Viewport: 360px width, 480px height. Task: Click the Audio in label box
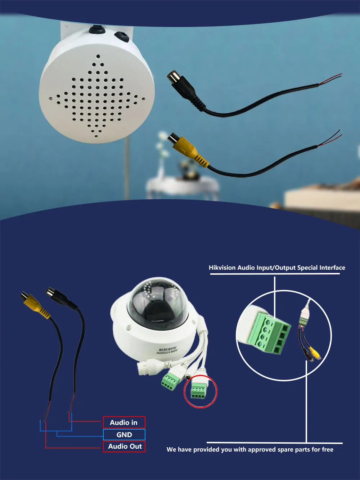click(x=124, y=422)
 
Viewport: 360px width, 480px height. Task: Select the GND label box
click(x=124, y=435)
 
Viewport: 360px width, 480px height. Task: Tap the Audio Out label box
click(x=124, y=446)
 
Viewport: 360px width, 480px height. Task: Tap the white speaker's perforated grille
click(x=96, y=96)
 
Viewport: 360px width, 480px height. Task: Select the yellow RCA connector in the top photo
click(x=188, y=149)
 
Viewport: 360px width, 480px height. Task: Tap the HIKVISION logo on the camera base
click(x=167, y=350)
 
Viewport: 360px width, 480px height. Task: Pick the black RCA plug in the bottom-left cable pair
click(x=61, y=298)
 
